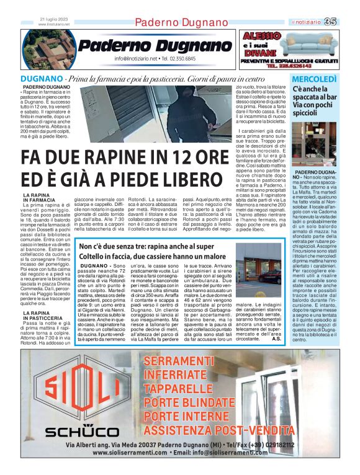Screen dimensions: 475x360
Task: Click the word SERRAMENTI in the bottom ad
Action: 199,362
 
